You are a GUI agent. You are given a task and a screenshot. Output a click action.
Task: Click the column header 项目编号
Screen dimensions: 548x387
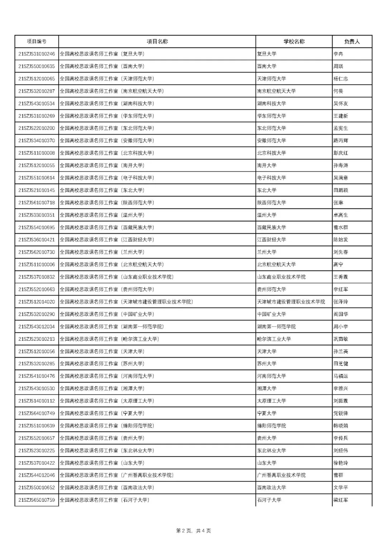(x=37, y=42)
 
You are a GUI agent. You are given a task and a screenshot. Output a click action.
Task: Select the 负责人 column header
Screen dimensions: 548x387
(x=352, y=42)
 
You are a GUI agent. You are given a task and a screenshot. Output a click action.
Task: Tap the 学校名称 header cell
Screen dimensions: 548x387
(x=294, y=42)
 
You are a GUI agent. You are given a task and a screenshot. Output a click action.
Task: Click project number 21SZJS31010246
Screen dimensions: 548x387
(x=37, y=54)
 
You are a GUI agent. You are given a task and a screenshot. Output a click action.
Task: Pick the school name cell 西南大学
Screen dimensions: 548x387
(x=267, y=66)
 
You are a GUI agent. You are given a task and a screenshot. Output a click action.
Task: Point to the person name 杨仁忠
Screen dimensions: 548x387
(x=340, y=79)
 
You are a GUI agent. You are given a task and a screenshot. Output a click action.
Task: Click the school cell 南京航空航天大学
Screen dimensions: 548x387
(x=276, y=91)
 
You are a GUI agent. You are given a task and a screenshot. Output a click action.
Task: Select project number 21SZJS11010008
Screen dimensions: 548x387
(x=37, y=153)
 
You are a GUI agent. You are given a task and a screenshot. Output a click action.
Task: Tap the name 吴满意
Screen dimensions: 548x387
(x=340, y=178)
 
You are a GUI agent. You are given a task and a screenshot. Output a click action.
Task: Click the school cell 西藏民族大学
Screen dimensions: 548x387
(x=271, y=227)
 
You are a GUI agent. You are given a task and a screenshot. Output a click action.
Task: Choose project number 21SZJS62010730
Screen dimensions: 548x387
(x=37, y=252)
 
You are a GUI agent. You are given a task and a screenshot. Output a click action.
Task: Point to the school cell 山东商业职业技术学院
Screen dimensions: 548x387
(x=281, y=277)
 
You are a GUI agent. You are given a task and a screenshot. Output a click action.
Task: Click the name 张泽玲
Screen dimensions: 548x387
(x=340, y=302)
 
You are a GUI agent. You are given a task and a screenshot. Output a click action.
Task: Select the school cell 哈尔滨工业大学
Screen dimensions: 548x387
(x=274, y=339)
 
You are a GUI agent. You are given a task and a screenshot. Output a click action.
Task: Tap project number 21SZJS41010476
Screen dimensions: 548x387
(x=37, y=376)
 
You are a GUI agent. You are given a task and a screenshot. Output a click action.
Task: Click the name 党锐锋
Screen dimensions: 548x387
(x=340, y=414)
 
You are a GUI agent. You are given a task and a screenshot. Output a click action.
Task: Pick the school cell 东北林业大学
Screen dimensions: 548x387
(x=271, y=450)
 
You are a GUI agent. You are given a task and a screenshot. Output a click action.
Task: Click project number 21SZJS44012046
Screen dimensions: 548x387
(x=37, y=475)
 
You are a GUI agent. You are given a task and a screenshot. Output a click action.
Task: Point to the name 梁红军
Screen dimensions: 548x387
(x=340, y=500)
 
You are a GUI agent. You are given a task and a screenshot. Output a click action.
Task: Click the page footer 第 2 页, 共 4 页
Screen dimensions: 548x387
(x=193, y=531)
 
